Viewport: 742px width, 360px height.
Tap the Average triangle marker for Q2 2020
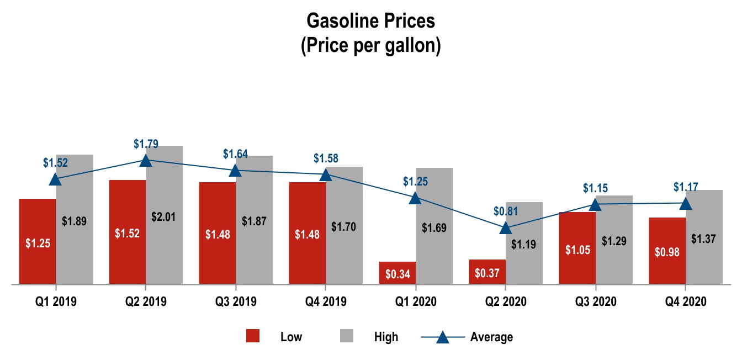(x=505, y=227)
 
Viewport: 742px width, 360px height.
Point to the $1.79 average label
(x=146, y=144)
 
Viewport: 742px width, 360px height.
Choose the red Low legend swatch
(x=253, y=336)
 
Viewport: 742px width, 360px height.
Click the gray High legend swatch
(x=346, y=336)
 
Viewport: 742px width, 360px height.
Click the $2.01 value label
(x=163, y=216)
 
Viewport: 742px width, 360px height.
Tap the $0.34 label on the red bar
(x=397, y=273)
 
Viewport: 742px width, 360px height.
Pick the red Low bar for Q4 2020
(x=667, y=251)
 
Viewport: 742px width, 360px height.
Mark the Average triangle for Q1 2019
(x=55, y=179)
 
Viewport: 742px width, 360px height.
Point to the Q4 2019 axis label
(x=325, y=301)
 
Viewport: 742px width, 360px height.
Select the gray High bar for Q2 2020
(x=524, y=243)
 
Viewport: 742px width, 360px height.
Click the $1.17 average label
(x=686, y=187)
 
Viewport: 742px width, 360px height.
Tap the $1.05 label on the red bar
(x=577, y=249)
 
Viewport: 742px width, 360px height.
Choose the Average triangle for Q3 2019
(x=236, y=170)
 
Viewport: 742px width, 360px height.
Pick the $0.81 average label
(x=506, y=211)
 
